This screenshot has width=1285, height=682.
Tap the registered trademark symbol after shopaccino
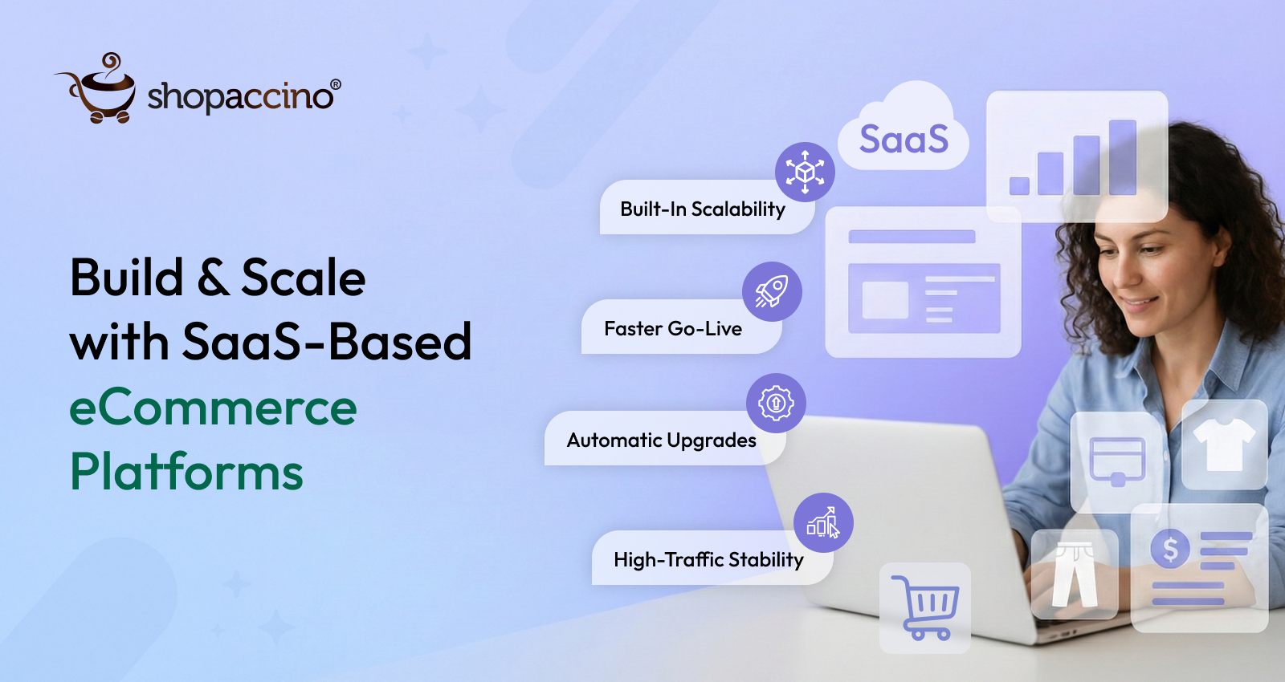(x=336, y=85)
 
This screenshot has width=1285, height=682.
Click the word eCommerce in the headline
(x=213, y=408)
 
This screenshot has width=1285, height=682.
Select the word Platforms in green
(x=186, y=472)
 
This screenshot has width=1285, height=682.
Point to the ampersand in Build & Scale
(x=212, y=278)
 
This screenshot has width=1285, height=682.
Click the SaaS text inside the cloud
(x=904, y=140)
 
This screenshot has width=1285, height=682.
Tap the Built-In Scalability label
(x=702, y=209)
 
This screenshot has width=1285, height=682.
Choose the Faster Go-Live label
(x=672, y=329)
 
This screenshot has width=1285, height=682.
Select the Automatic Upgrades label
(x=661, y=440)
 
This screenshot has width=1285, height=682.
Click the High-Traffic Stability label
(x=708, y=560)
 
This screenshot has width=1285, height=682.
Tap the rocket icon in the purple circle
(x=771, y=291)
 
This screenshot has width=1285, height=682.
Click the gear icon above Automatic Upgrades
(x=776, y=403)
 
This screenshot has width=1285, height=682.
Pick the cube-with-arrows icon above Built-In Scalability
(x=805, y=172)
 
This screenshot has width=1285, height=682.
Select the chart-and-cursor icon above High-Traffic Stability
(x=823, y=522)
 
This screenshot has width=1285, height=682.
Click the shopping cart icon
(x=925, y=607)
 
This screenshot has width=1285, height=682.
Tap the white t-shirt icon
(x=1224, y=445)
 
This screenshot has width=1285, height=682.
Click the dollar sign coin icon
(x=1170, y=550)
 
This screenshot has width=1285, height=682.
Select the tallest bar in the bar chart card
(x=1122, y=157)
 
